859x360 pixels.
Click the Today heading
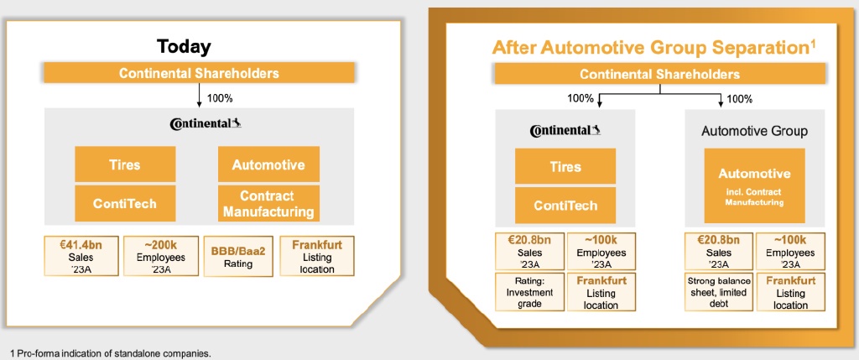click(x=185, y=46)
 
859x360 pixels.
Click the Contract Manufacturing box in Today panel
click(x=268, y=203)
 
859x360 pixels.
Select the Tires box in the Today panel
click(x=125, y=164)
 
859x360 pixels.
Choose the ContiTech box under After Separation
click(x=565, y=206)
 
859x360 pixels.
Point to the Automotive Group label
click(x=754, y=131)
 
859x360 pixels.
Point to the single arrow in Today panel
click(x=198, y=96)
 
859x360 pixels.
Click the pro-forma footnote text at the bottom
click(x=110, y=352)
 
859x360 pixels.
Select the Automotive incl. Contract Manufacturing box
click(x=754, y=185)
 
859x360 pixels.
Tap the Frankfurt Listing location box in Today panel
click(x=318, y=256)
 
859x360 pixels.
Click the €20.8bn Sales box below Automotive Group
click(x=719, y=251)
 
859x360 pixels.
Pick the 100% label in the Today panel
click(x=219, y=97)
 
